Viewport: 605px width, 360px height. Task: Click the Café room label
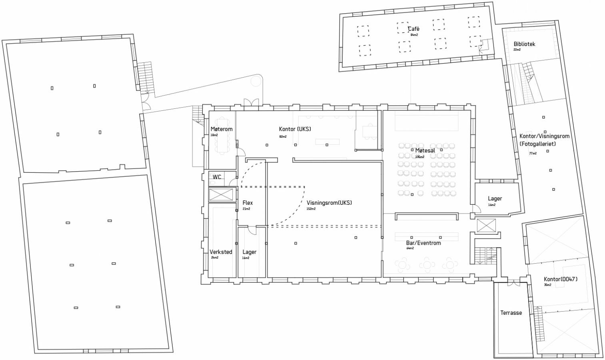pyautogui.click(x=413, y=29)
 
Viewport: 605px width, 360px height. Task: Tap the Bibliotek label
pyautogui.click(x=524, y=44)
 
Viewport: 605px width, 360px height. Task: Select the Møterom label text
pyautogui.click(x=222, y=129)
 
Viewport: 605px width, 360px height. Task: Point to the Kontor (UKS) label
pyautogui.click(x=295, y=129)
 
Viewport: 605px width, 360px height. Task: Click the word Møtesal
pyautogui.click(x=425, y=150)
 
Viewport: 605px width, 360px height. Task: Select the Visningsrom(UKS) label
pyautogui.click(x=329, y=203)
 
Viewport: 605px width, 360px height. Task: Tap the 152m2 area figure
pyautogui.click(x=311, y=209)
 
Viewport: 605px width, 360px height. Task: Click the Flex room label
pyautogui.click(x=248, y=203)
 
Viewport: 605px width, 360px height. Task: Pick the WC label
pyautogui.click(x=217, y=177)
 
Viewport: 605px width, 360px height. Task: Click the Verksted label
pyautogui.click(x=221, y=252)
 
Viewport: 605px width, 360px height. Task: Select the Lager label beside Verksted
pyautogui.click(x=249, y=252)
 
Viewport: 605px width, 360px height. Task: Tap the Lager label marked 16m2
pyautogui.click(x=495, y=199)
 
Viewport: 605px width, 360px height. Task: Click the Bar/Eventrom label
pyautogui.click(x=423, y=243)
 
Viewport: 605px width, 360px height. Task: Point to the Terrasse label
pyautogui.click(x=511, y=313)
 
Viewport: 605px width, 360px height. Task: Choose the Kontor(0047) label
pyautogui.click(x=560, y=279)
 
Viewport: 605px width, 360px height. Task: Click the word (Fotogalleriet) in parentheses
pyautogui.click(x=538, y=144)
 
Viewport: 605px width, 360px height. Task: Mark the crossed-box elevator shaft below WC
pyautogui.click(x=221, y=195)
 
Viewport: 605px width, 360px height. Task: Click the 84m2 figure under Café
pyautogui.click(x=414, y=35)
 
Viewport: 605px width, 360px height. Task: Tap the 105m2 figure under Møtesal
pyautogui.click(x=420, y=157)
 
